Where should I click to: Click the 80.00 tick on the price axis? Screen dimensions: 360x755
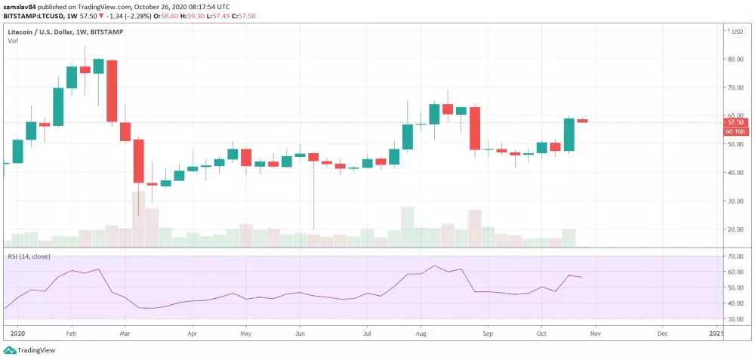tap(735, 59)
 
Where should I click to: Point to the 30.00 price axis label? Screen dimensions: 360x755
tap(735, 201)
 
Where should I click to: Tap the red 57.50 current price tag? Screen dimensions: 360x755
tap(735, 122)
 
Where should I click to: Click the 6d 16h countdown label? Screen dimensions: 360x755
tap(735, 131)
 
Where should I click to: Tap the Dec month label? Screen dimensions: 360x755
tap(661, 332)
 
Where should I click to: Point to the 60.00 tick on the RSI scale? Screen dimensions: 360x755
tap(735, 272)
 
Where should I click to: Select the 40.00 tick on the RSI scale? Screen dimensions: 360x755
tap(735, 303)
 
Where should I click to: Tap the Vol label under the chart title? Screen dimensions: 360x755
tap(13, 41)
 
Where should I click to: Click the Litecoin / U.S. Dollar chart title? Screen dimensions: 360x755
tap(45, 31)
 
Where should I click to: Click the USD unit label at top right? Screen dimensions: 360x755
tap(735, 31)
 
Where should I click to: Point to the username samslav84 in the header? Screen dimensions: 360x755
tap(22, 5)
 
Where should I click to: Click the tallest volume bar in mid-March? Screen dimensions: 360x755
tap(138, 219)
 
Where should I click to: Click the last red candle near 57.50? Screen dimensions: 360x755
tap(583, 120)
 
